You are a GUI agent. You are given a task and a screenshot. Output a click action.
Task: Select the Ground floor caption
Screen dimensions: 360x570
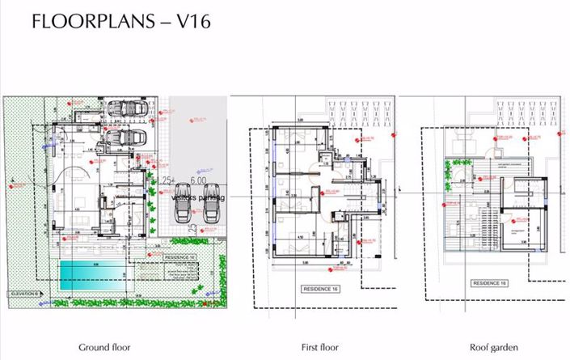[x=104, y=347]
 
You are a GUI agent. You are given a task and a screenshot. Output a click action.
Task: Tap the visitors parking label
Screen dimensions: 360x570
[x=198, y=196]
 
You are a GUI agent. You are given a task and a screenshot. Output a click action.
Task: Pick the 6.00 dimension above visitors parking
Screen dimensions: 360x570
[x=197, y=181]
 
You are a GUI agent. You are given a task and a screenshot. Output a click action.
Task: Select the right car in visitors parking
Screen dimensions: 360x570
[x=212, y=212]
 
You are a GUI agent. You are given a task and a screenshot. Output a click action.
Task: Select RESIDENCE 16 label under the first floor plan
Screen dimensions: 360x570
[x=322, y=288]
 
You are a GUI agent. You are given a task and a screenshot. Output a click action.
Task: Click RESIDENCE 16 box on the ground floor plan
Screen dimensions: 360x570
[x=179, y=256]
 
